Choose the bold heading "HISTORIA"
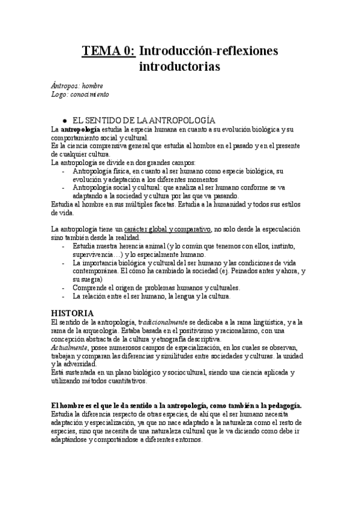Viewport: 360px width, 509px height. coord(72,313)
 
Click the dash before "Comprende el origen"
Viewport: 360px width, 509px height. coord(65,288)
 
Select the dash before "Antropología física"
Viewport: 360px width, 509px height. coord(65,171)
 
